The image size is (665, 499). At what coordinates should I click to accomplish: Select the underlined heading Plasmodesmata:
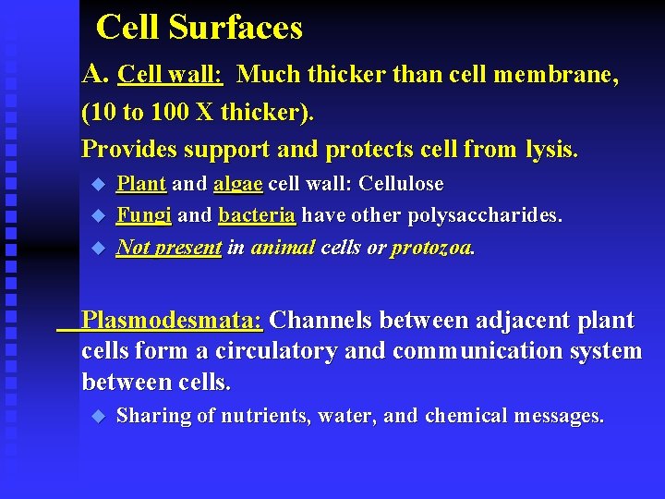[x=173, y=321]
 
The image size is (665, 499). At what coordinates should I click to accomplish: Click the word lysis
[x=551, y=149]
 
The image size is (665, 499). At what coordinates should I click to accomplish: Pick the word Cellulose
[x=401, y=184]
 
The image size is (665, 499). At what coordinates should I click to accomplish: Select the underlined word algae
[x=238, y=184]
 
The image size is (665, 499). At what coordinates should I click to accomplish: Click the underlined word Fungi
[x=143, y=215]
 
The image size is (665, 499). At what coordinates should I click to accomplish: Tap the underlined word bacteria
[x=257, y=215]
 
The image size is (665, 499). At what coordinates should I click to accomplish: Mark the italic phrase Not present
[x=169, y=248]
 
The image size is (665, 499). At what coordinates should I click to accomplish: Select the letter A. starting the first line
[x=96, y=74]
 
